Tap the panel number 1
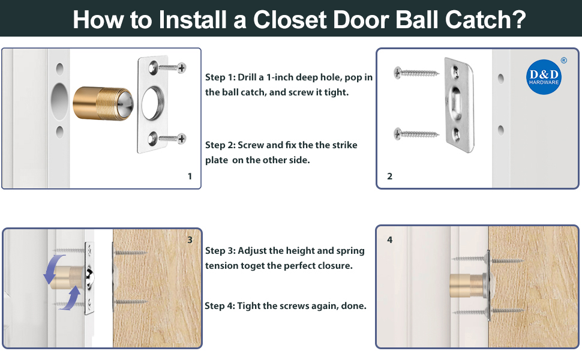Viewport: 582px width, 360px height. click(190, 176)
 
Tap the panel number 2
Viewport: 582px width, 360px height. click(389, 176)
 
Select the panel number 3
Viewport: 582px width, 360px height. click(190, 240)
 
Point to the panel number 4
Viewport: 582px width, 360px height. click(389, 240)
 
